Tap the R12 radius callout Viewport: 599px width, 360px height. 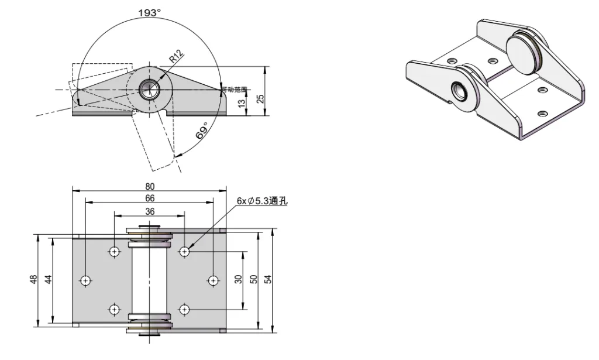pos(176,57)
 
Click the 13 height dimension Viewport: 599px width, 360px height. pos(242,103)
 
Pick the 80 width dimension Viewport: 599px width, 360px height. pos(150,186)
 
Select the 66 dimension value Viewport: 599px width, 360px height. pos(150,198)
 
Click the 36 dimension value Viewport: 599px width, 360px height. pos(150,211)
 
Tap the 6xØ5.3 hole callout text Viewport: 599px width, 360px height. pos(262,200)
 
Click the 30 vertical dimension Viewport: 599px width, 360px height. pos(239,279)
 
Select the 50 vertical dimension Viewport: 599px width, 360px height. pos(254,279)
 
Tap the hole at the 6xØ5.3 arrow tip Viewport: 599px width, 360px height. pos(185,251)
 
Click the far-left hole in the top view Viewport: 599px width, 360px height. pos(86,280)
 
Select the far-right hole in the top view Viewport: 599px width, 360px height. pos(213,280)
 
